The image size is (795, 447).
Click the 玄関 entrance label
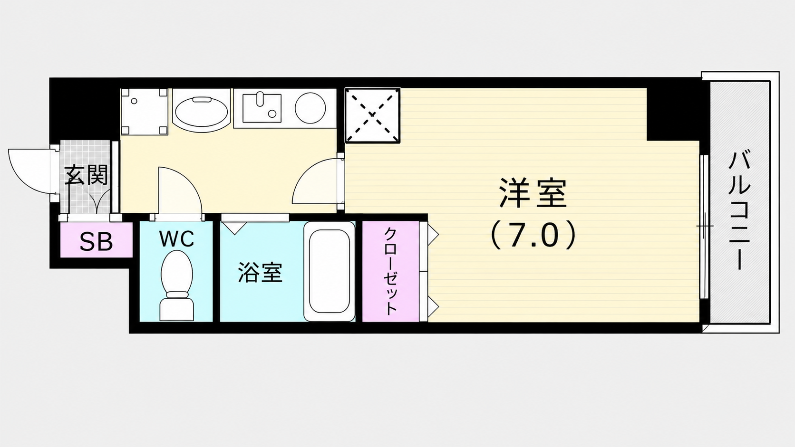point(86,174)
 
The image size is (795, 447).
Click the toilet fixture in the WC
point(177,285)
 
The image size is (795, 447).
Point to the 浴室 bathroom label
point(260,272)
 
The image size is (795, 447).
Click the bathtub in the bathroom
point(330,271)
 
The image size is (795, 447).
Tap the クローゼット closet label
point(390,271)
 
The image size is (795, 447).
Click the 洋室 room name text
point(533,193)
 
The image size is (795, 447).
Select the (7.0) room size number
point(533,235)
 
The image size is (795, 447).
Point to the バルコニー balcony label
point(740,210)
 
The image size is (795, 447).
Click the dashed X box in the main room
point(372,115)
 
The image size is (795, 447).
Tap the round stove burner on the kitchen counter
point(310,108)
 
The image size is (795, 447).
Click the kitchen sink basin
point(262,108)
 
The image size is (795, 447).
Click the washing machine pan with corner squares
point(144,112)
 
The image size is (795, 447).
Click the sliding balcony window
point(704,227)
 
